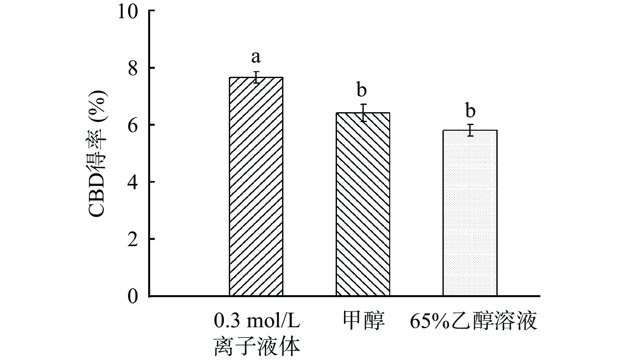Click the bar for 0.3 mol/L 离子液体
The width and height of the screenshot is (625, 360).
[x=256, y=187]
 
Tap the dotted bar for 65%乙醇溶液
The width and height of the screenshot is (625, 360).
[x=470, y=213]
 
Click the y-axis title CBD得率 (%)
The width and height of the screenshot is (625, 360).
[x=98, y=154]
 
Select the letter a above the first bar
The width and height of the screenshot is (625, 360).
[x=256, y=57]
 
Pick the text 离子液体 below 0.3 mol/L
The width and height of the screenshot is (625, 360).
[x=257, y=346]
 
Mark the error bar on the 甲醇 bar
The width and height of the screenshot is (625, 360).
[x=363, y=113]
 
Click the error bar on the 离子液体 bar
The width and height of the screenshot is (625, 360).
[x=256, y=77]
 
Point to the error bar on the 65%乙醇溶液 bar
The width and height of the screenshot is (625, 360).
[x=470, y=130]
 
